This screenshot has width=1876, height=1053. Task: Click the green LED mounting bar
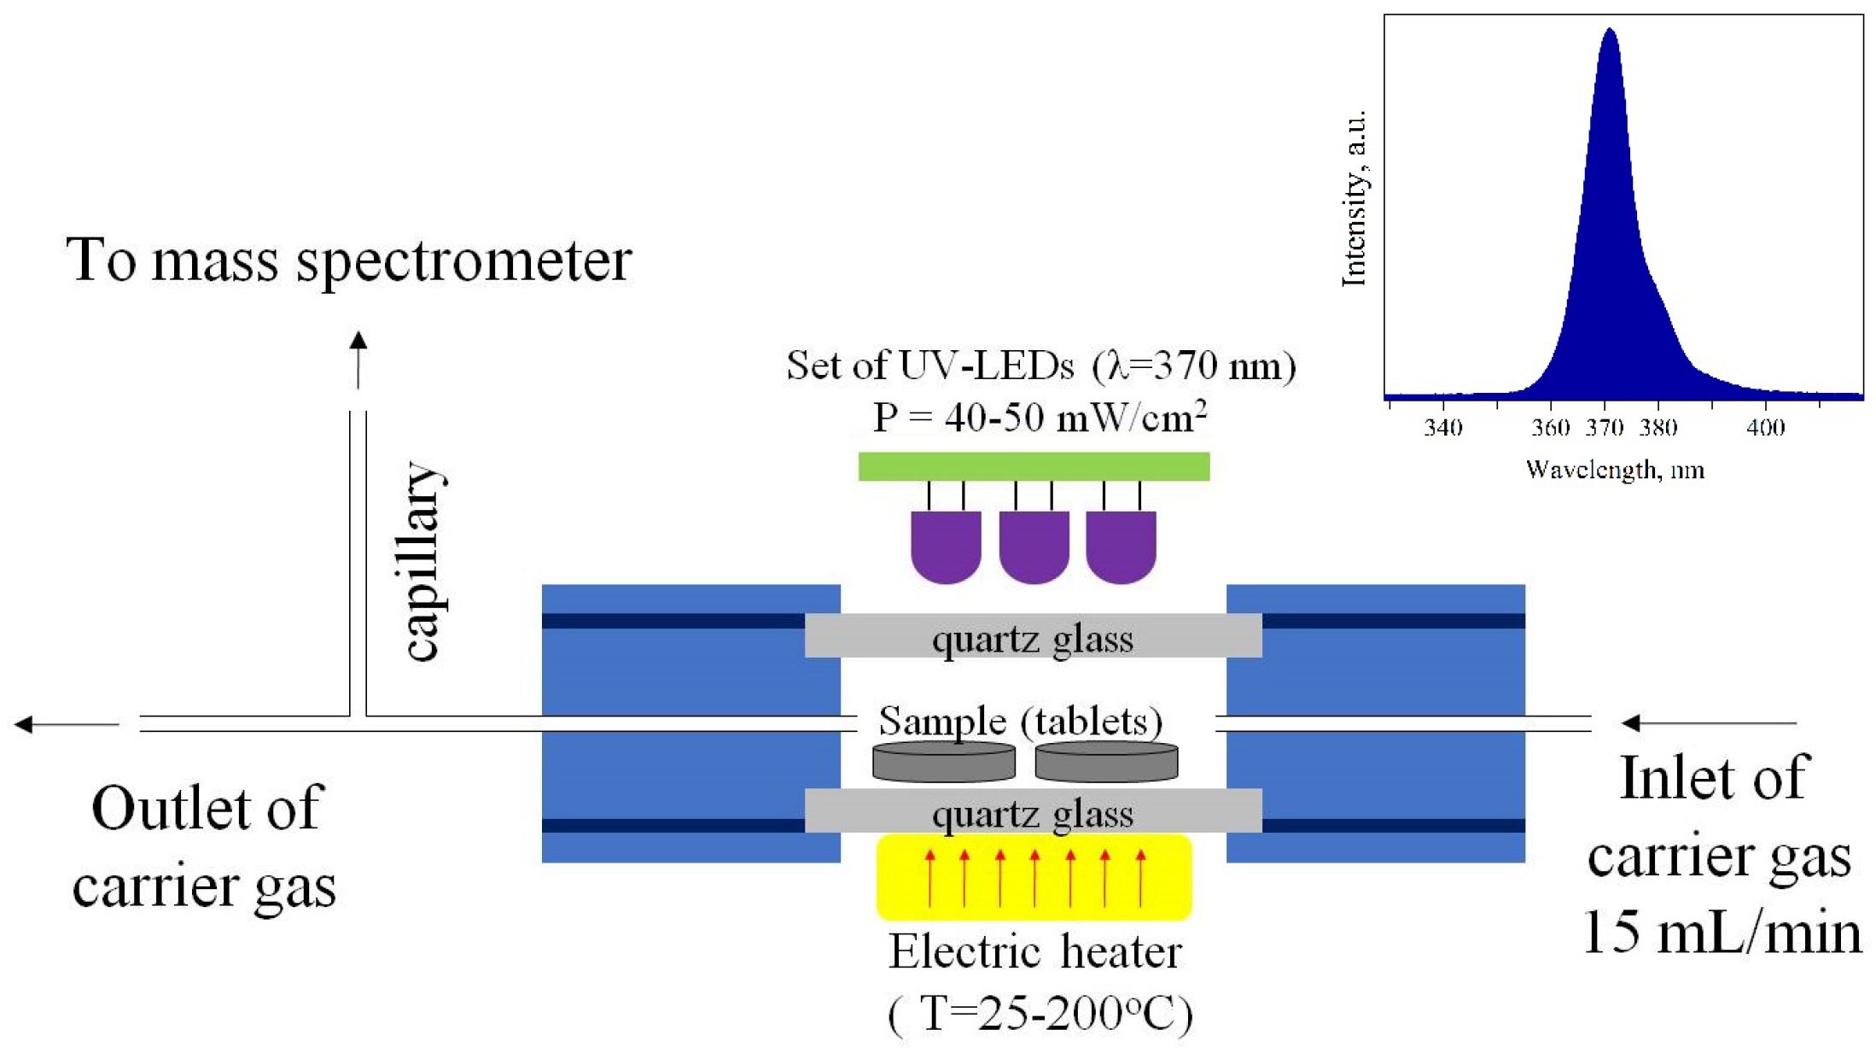pos(1033,466)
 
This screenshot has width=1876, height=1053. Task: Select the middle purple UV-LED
pos(1034,545)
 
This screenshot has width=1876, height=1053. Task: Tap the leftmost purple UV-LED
pos(946,545)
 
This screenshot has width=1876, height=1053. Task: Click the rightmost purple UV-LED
pos(1121,545)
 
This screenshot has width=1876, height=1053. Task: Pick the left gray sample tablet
pos(943,762)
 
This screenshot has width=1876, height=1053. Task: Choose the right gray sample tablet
pos(1106,762)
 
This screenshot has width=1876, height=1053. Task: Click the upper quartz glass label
pos(1033,639)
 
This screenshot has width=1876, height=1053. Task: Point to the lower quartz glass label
pos(1033,813)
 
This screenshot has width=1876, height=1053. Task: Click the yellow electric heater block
pos(1034,877)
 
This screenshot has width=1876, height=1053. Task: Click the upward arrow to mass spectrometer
pos(358,359)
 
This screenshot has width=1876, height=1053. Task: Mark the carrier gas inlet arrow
pos(1707,723)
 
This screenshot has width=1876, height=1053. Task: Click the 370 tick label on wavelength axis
pos(1604,427)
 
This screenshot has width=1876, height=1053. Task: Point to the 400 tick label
pos(1765,427)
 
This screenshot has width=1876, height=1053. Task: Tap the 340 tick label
pos(1442,427)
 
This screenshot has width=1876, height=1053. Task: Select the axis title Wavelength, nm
pos(1615,470)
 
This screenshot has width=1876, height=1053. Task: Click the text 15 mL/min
pos(1722,932)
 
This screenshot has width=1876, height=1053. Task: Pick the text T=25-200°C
pos(1040,1014)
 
